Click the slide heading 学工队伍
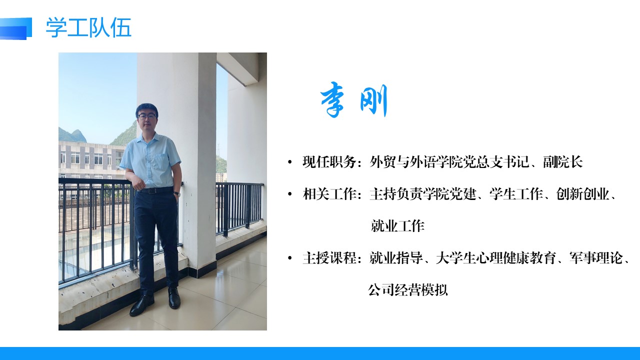click(x=88, y=27)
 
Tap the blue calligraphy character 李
click(x=332, y=99)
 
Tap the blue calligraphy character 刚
click(x=373, y=100)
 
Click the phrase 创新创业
click(x=582, y=194)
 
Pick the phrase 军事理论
click(x=595, y=258)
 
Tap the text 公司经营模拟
click(x=407, y=290)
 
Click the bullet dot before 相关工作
click(x=290, y=194)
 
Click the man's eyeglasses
click(x=147, y=116)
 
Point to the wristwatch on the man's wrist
click(x=176, y=193)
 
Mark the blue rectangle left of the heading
click(x=15, y=28)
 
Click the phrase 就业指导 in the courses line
click(x=395, y=258)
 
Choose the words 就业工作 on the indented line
click(x=397, y=226)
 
